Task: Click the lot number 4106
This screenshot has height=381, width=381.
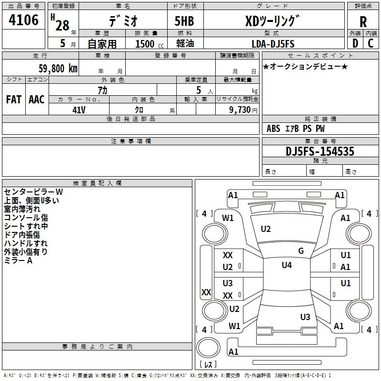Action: click(x=23, y=20)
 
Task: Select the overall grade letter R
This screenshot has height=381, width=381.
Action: click(x=363, y=22)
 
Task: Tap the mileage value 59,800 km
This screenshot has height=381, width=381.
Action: click(x=58, y=69)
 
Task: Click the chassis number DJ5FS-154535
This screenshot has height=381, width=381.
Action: click(x=320, y=151)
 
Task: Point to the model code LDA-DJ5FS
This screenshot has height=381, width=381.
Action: click(x=273, y=44)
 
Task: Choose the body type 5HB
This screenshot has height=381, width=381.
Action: click(x=184, y=21)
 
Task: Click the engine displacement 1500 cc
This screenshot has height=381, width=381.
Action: click(x=150, y=44)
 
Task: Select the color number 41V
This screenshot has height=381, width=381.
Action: click(x=79, y=110)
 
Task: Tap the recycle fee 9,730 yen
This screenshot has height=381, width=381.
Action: click(x=243, y=110)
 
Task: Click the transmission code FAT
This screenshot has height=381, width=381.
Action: click(x=14, y=100)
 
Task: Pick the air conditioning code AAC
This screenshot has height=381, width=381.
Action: click(x=37, y=100)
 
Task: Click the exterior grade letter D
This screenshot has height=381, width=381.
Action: click(x=355, y=43)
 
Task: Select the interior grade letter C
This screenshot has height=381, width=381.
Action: click(x=371, y=43)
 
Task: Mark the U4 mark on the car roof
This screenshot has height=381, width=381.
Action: click(x=287, y=265)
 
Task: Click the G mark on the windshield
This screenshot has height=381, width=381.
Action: click(x=301, y=251)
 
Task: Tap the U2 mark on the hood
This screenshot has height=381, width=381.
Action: click(x=266, y=229)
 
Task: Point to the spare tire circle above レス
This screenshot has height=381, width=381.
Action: click(x=208, y=347)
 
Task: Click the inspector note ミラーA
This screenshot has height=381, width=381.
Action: click(x=18, y=261)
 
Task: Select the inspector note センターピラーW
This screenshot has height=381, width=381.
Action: click(x=33, y=192)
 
